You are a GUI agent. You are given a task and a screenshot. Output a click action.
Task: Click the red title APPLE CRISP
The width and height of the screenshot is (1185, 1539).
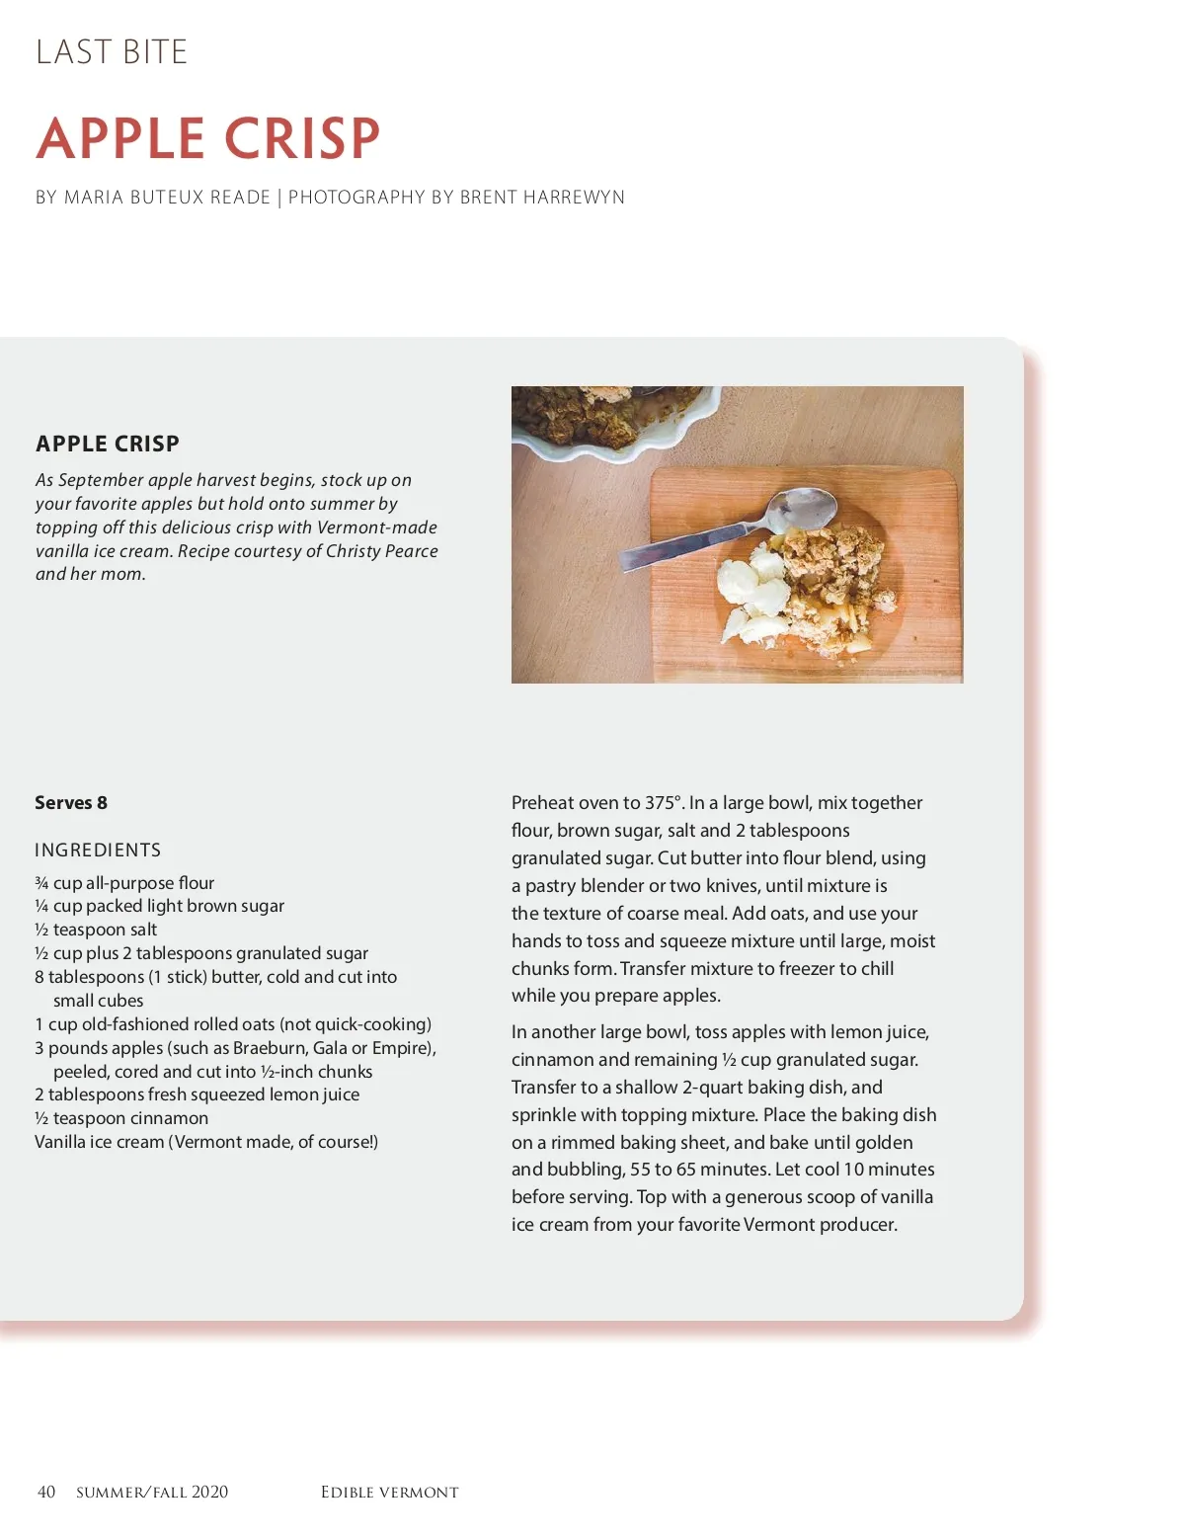click(x=208, y=138)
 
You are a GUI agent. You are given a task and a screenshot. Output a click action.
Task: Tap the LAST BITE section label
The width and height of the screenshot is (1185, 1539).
click(x=112, y=52)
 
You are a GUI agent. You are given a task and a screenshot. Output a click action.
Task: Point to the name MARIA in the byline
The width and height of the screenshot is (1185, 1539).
click(x=91, y=198)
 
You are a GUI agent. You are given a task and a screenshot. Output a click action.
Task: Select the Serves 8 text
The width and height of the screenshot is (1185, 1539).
click(x=71, y=803)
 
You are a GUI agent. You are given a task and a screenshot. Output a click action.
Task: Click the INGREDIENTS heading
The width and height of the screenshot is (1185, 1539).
click(x=98, y=850)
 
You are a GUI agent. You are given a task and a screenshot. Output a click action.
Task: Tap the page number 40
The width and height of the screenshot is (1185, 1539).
click(x=46, y=1492)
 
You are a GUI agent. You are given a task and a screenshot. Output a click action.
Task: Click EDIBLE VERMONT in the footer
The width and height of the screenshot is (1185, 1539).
click(x=390, y=1493)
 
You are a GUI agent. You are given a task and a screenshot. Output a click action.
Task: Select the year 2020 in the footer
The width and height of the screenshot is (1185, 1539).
click(x=209, y=1492)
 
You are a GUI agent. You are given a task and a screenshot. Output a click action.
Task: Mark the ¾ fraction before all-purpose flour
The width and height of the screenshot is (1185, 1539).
click(x=41, y=883)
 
